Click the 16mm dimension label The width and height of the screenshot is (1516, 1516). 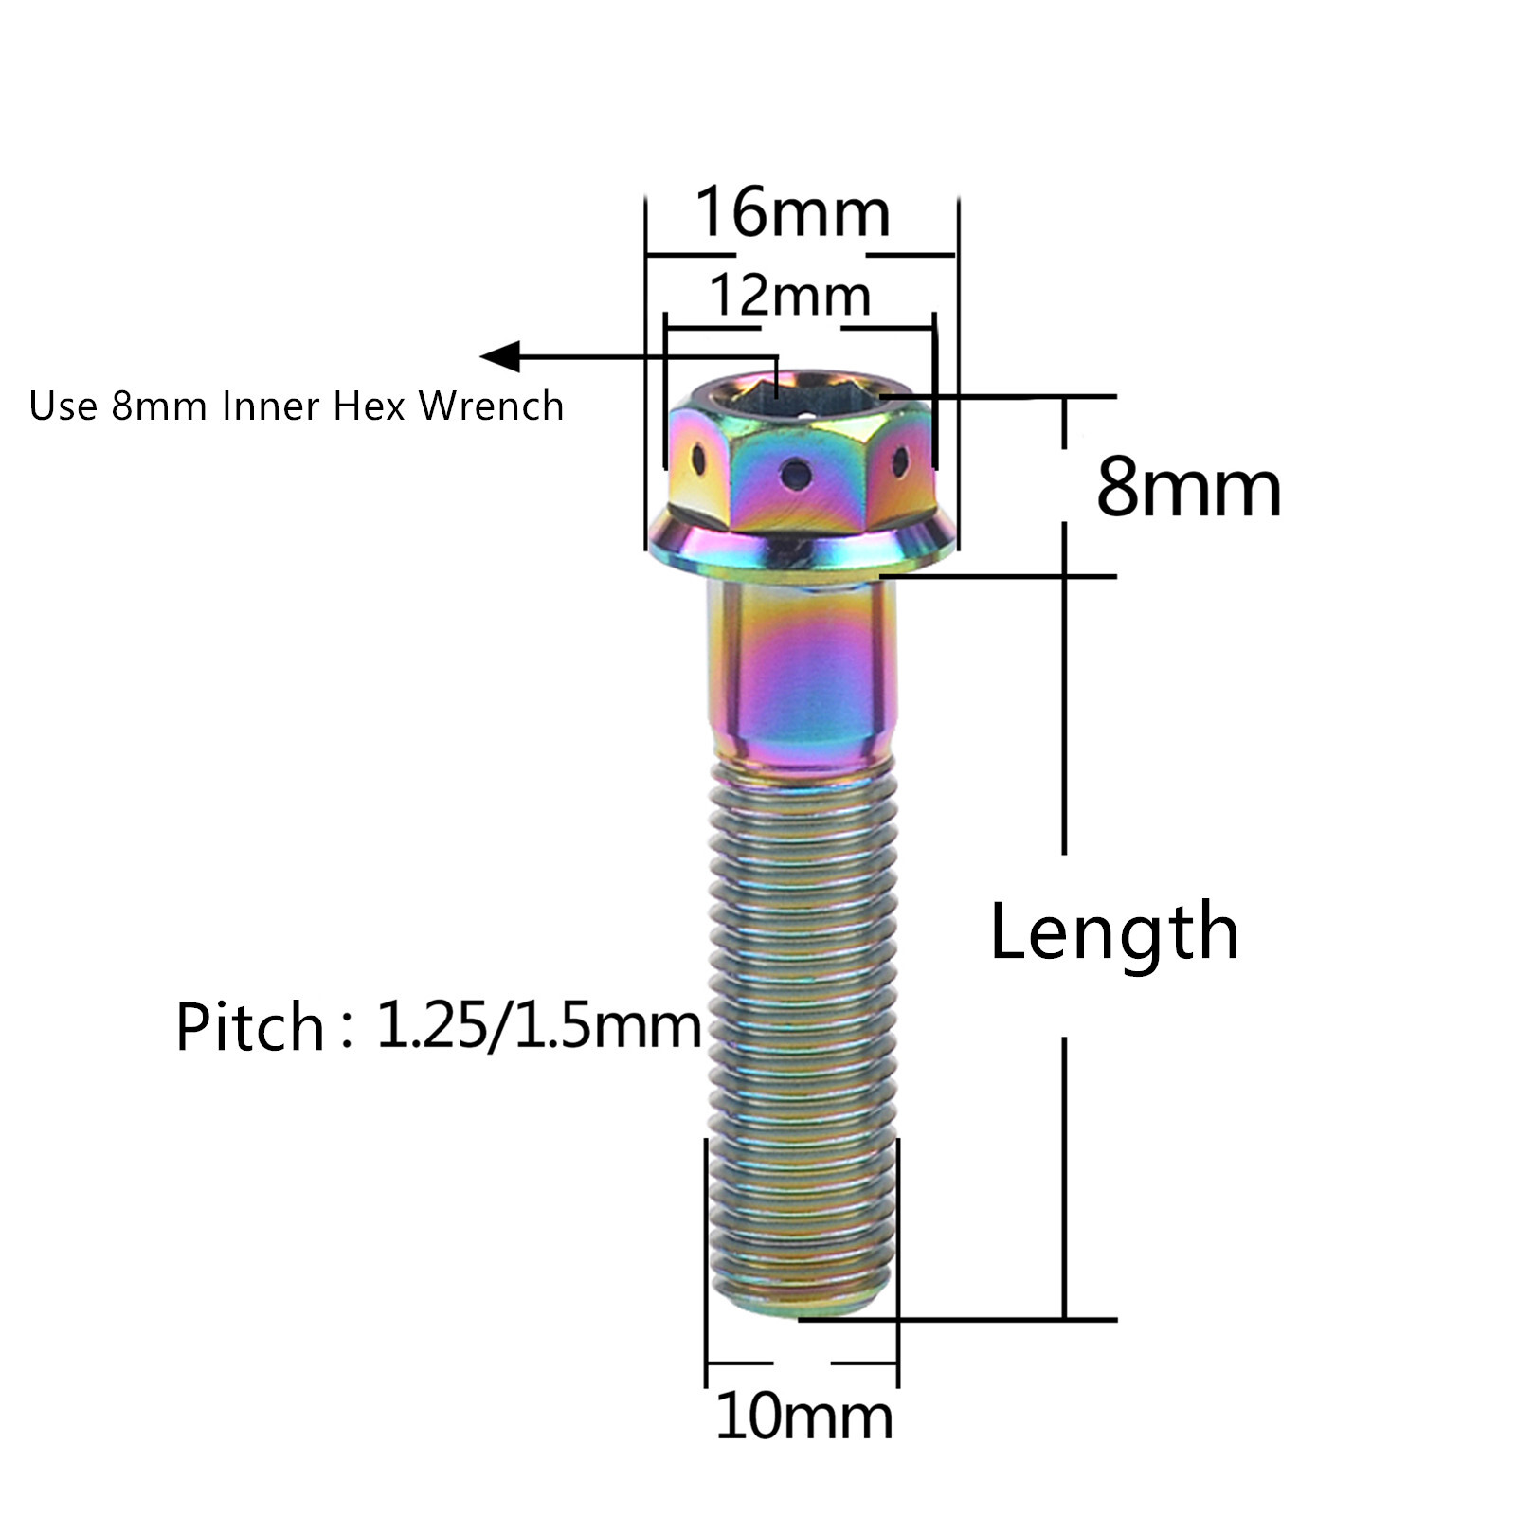[793, 212]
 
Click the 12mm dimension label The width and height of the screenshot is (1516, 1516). [789, 296]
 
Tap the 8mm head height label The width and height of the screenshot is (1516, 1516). [1188, 487]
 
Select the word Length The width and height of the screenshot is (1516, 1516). [1114, 932]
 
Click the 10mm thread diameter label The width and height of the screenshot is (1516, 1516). [803, 1417]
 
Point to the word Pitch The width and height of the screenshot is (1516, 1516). [249, 1027]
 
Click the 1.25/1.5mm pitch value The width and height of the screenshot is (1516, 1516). [538, 1025]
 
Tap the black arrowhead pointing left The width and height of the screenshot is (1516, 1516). [502, 357]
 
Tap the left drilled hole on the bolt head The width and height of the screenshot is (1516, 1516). [698, 461]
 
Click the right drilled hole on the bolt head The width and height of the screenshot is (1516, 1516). [899, 462]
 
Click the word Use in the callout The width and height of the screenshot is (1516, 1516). [63, 406]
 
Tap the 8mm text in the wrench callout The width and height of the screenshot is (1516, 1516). [158, 406]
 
